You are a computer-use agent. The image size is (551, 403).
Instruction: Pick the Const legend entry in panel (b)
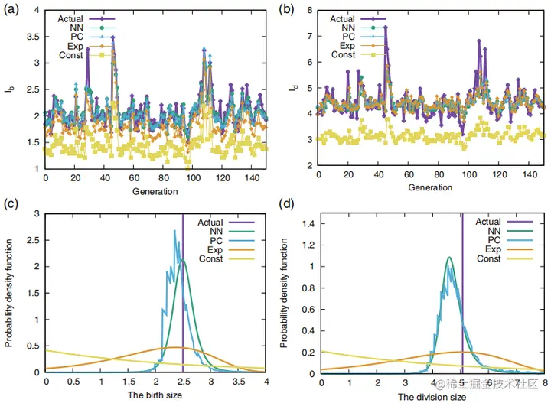click(x=343, y=54)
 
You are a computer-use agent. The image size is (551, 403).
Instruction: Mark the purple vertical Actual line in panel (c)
click(x=183, y=306)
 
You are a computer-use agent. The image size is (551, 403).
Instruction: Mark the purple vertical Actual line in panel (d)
click(x=462, y=306)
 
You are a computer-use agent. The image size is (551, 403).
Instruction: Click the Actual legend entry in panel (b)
click(x=343, y=20)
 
